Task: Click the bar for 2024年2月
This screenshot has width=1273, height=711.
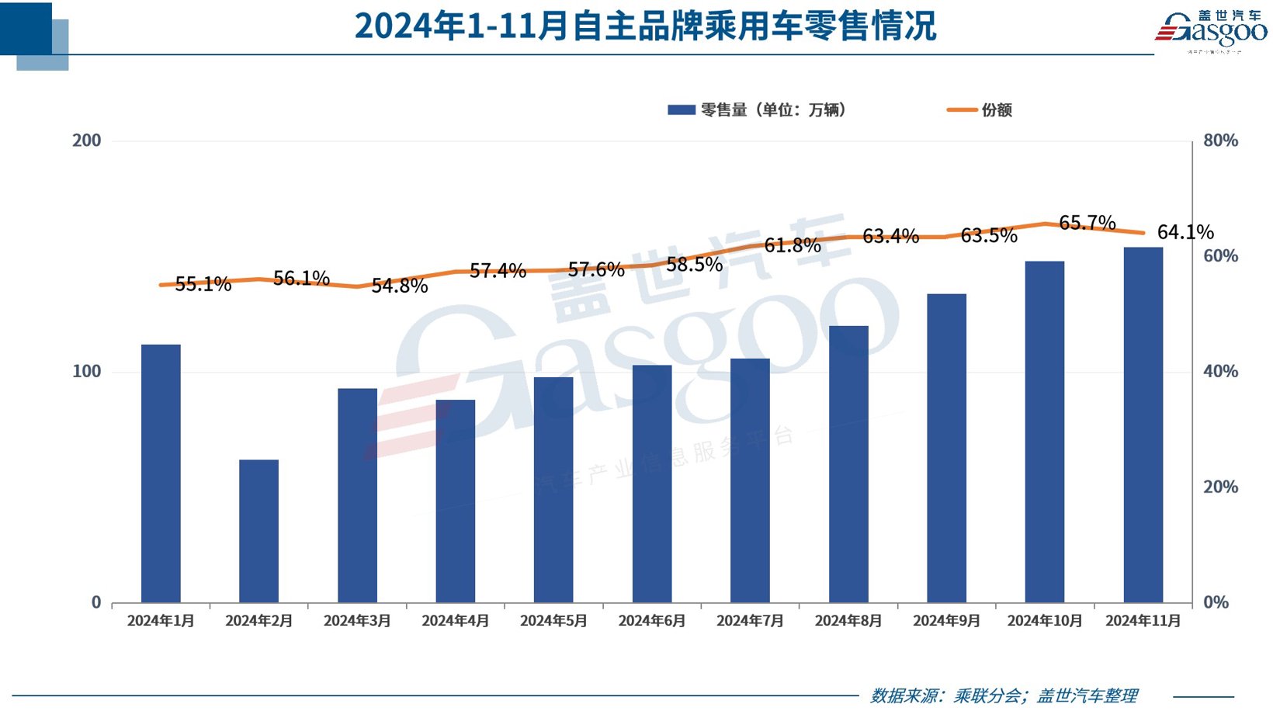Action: tap(258, 531)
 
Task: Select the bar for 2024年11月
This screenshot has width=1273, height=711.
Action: tap(1143, 425)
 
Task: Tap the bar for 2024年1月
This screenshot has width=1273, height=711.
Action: tap(161, 473)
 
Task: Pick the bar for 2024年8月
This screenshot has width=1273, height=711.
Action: tap(848, 464)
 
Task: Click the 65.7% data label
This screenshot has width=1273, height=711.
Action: tap(1087, 223)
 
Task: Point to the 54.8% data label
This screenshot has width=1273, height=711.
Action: tap(400, 286)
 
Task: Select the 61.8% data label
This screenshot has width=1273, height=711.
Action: tap(793, 245)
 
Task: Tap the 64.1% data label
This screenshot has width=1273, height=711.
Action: tap(1185, 232)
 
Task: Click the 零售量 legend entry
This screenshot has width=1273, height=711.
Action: tap(757, 110)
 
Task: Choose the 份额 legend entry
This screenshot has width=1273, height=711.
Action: tap(980, 110)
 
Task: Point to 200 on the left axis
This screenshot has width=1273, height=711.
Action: tap(87, 140)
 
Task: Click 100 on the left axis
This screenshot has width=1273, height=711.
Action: tap(87, 371)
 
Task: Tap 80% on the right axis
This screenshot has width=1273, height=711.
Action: tap(1220, 140)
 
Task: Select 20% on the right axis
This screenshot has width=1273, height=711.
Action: tap(1220, 487)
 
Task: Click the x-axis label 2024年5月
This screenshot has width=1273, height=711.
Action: tap(553, 621)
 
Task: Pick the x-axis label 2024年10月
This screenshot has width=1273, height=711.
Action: tap(1045, 621)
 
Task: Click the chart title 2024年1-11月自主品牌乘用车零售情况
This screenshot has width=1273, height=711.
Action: tap(645, 26)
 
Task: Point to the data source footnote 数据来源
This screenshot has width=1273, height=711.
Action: tap(1004, 695)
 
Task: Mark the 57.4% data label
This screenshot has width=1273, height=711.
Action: tap(498, 271)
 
